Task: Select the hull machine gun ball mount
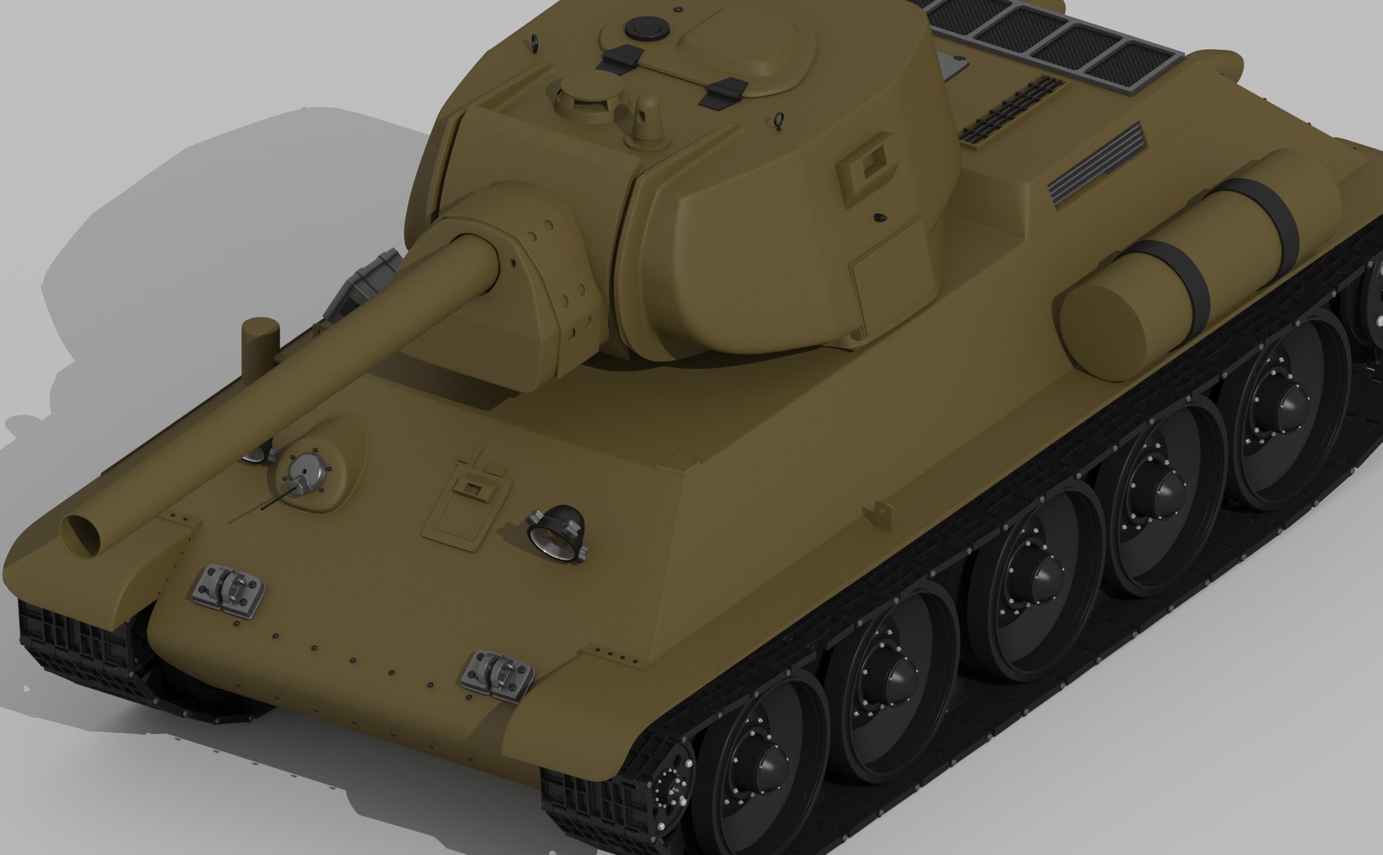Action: point(302,475)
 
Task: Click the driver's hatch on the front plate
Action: point(466,507)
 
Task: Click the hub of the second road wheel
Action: point(895,672)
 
